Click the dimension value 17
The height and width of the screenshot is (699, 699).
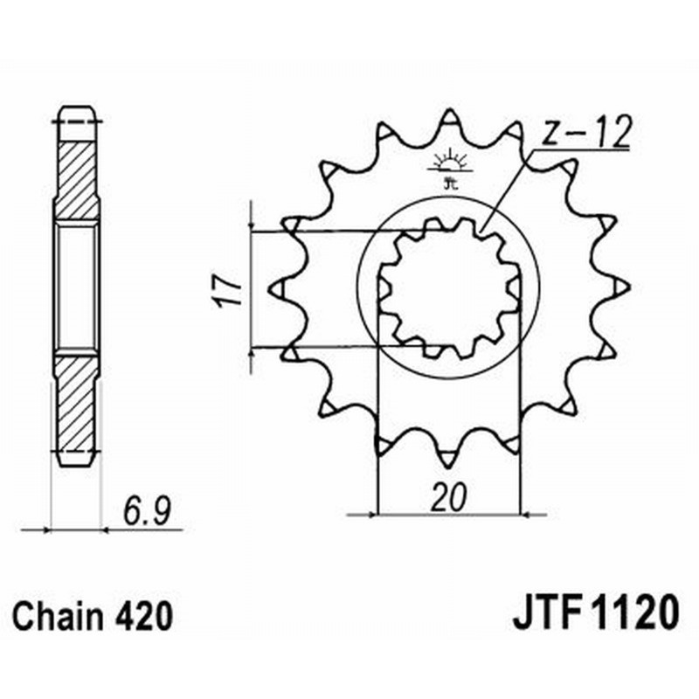tap(223, 290)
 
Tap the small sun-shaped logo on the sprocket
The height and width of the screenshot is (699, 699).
tap(449, 165)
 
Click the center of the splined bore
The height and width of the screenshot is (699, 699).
tap(448, 287)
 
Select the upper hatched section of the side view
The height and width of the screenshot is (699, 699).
tap(77, 179)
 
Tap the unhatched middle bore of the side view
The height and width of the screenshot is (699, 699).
tap(77, 288)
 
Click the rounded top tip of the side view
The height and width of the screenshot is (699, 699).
tap(77, 112)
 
